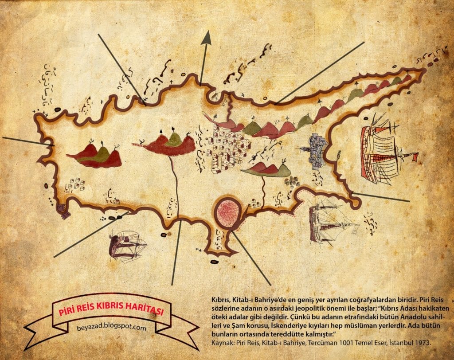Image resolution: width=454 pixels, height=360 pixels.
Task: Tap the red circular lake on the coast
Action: [x=228, y=212]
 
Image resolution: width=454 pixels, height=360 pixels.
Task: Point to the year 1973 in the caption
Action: [x=421, y=342]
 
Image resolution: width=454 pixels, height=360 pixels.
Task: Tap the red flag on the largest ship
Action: [x=415, y=156]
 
